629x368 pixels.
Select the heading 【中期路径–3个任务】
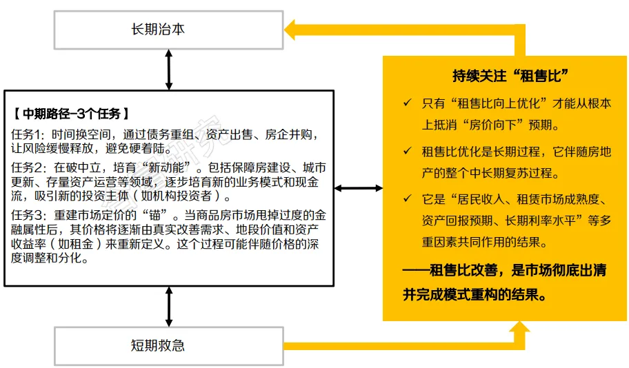click(x=70, y=113)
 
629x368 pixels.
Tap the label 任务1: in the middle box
click(x=28, y=134)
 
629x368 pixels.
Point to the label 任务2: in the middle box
click(x=28, y=167)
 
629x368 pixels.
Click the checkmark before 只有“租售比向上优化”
click(x=407, y=104)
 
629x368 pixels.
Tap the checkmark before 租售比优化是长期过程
click(x=407, y=152)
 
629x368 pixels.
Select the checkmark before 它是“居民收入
click(x=407, y=201)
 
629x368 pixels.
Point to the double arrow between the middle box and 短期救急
click(x=169, y=307)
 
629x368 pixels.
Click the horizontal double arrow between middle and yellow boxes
click(x=359, y=188)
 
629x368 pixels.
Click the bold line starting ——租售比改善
click(x=503, y=271)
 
